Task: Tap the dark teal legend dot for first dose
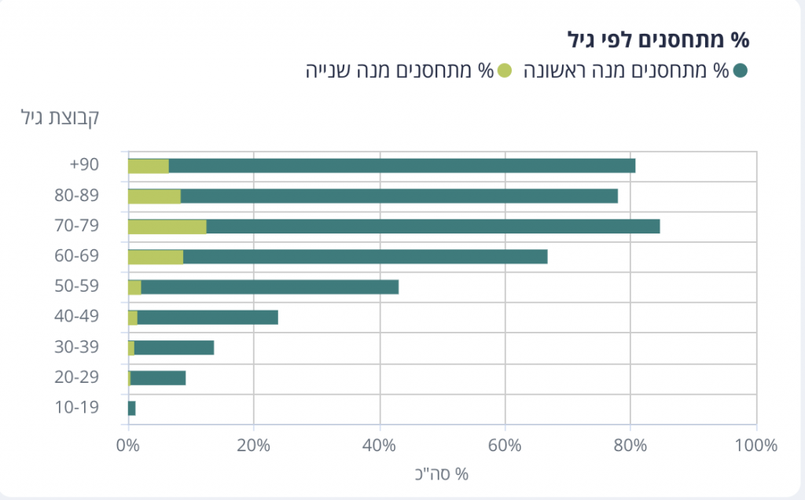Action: click(740, 71)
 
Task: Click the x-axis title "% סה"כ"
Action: click(441, 474)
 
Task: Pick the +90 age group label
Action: click(83, 165)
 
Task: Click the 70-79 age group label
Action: click(78, 226)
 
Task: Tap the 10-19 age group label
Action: click(78, 408)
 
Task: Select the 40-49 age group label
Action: click(78, 317)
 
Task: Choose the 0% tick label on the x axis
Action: click(127, 445)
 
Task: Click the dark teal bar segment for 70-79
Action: click(432, 226)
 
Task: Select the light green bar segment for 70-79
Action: click(167, 226)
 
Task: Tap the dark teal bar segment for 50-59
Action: click(270, 287)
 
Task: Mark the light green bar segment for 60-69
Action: click(155, 256)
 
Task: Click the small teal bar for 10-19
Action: click(131, 408)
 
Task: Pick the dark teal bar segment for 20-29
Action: click(158, 378)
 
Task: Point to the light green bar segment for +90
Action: click(148, 166)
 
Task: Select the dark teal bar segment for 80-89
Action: click(399, 196)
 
